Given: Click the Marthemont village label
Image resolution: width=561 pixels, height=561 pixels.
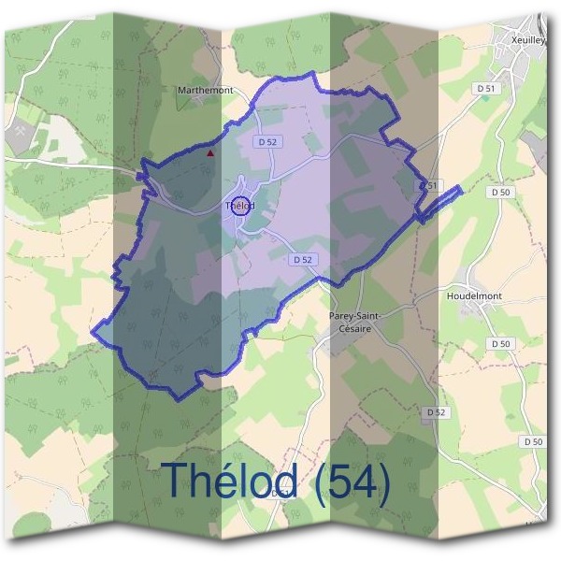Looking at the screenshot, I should [205, 91].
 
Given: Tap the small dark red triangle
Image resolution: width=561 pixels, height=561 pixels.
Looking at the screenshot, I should [211, 152].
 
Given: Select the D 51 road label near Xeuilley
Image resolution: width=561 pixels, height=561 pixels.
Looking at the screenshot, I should [484, 88].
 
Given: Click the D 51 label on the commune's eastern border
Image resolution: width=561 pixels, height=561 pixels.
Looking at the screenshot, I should [428, 186].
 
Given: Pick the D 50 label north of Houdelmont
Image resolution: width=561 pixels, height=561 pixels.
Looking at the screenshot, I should [501, 192].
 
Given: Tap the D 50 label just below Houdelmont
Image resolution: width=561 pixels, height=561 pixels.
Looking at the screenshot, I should [501, 344].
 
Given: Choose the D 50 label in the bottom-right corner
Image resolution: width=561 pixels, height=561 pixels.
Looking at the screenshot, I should [533, 440].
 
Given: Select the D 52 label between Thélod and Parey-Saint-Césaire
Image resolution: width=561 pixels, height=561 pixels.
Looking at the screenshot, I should [301, 259].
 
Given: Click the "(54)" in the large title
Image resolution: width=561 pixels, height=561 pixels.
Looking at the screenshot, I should [352, 482].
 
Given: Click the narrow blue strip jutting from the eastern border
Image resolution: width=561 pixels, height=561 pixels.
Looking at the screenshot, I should [440, 204].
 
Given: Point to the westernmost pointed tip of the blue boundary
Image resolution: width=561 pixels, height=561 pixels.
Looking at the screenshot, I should [93, 328].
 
